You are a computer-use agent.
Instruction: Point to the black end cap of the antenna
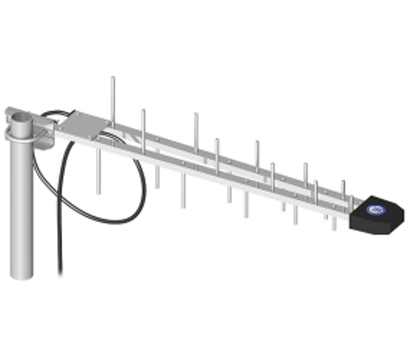[377, 216]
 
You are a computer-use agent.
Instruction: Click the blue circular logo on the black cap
[376, 212]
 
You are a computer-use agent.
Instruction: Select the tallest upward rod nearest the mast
[112, 96]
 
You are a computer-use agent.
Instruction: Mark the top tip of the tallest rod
[112, 76]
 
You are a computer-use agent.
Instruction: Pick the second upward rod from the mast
[144, 126]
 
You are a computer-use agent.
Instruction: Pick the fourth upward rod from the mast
[217, 152]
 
